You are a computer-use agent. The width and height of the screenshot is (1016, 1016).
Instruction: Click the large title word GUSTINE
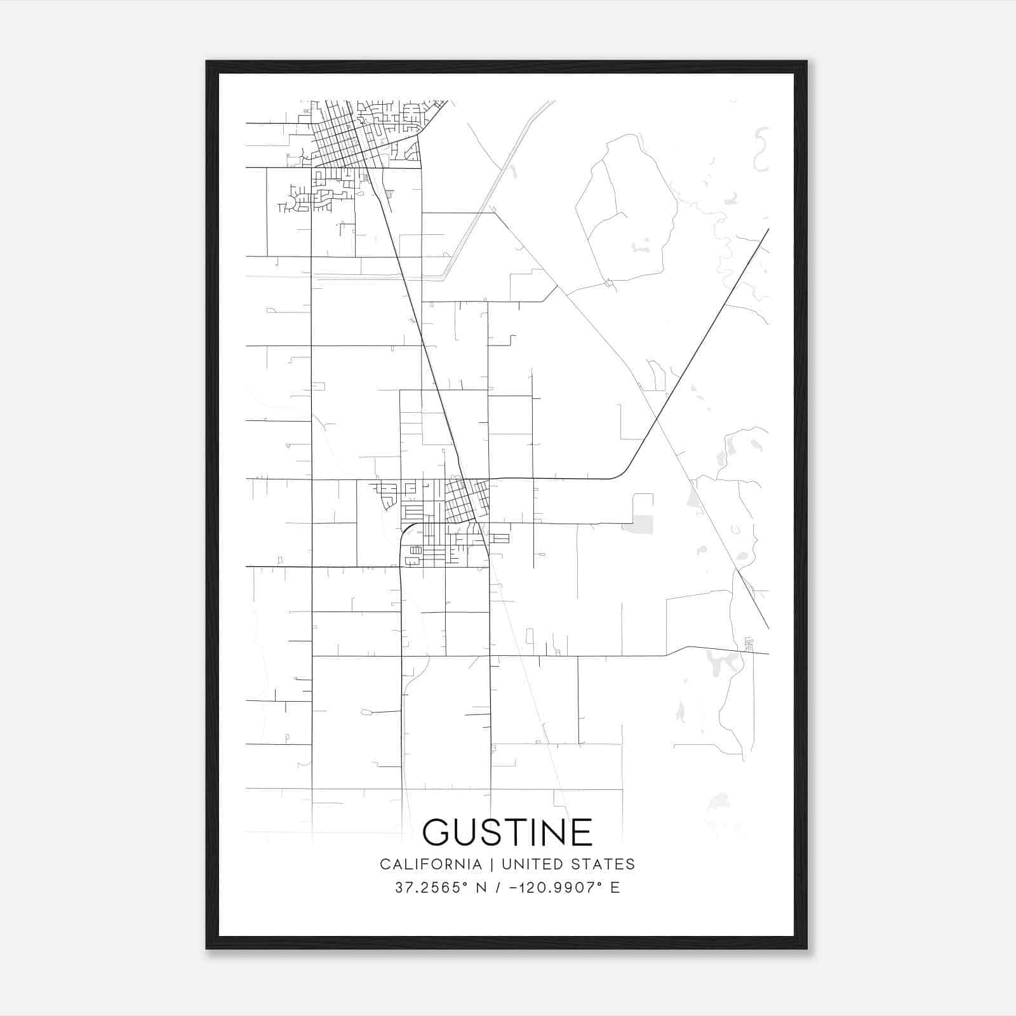click(x=507, y=832)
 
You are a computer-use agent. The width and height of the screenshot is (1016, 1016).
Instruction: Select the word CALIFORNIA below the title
click(x=431, y=864)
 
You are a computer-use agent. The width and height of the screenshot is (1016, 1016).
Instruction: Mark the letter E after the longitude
click(x=615, y=888)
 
